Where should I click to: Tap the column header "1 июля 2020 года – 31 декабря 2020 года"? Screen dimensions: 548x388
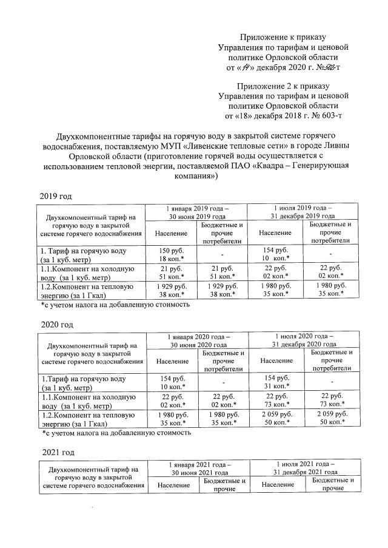point(304,340)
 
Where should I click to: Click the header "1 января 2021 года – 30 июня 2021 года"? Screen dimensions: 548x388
point(198,468)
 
